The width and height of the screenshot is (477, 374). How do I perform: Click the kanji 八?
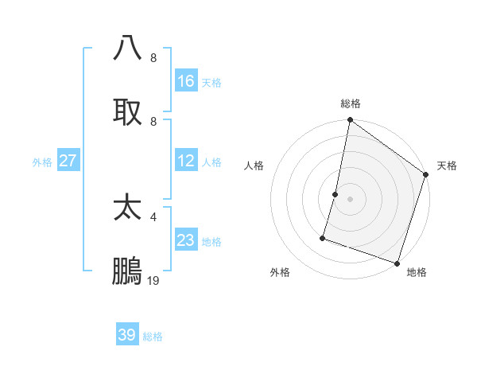pyautogui.click(x=127, y=49)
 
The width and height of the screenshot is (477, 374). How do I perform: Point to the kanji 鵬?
pyautogui.click(x=127, y=271)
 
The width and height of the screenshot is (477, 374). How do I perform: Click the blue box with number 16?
pyautogui.click(x=186, y=81)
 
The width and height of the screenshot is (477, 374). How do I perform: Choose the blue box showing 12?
pyautogui.click(x=186, y=161)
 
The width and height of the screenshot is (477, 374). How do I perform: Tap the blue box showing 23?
pyautogui.click(x=186, y=240)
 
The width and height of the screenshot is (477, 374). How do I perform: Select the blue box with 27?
pyautogui.click(x=68, y=161)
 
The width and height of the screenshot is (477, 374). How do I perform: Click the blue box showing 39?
pyautogui.click(x=127, y=335)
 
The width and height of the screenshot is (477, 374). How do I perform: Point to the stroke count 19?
pyautogui.click(x=153, y=281)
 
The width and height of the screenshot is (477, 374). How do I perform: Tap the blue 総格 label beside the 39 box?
pyautogui.click(x=153, y=337)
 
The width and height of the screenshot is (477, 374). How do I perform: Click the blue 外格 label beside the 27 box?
pyautogui.click(x=42, y=162)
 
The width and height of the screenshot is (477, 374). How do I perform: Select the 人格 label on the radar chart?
pyautogui.click(x=254, y=166)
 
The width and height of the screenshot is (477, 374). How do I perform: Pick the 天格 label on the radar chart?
pyautogui.click(x=447, y=166)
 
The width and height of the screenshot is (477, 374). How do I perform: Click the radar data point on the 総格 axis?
pyautogui.click(x=350, y=120)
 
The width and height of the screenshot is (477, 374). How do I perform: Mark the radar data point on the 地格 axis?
pyautogui.click(x=397, y=263)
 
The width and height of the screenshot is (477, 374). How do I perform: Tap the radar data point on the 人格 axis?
pyautogui.click(x=335, y=193)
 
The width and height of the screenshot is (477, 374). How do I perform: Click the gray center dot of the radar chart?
pyautogui.click(x=350, y=198)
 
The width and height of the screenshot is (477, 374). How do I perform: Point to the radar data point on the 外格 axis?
pyautogui.click(x=324, y=237)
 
